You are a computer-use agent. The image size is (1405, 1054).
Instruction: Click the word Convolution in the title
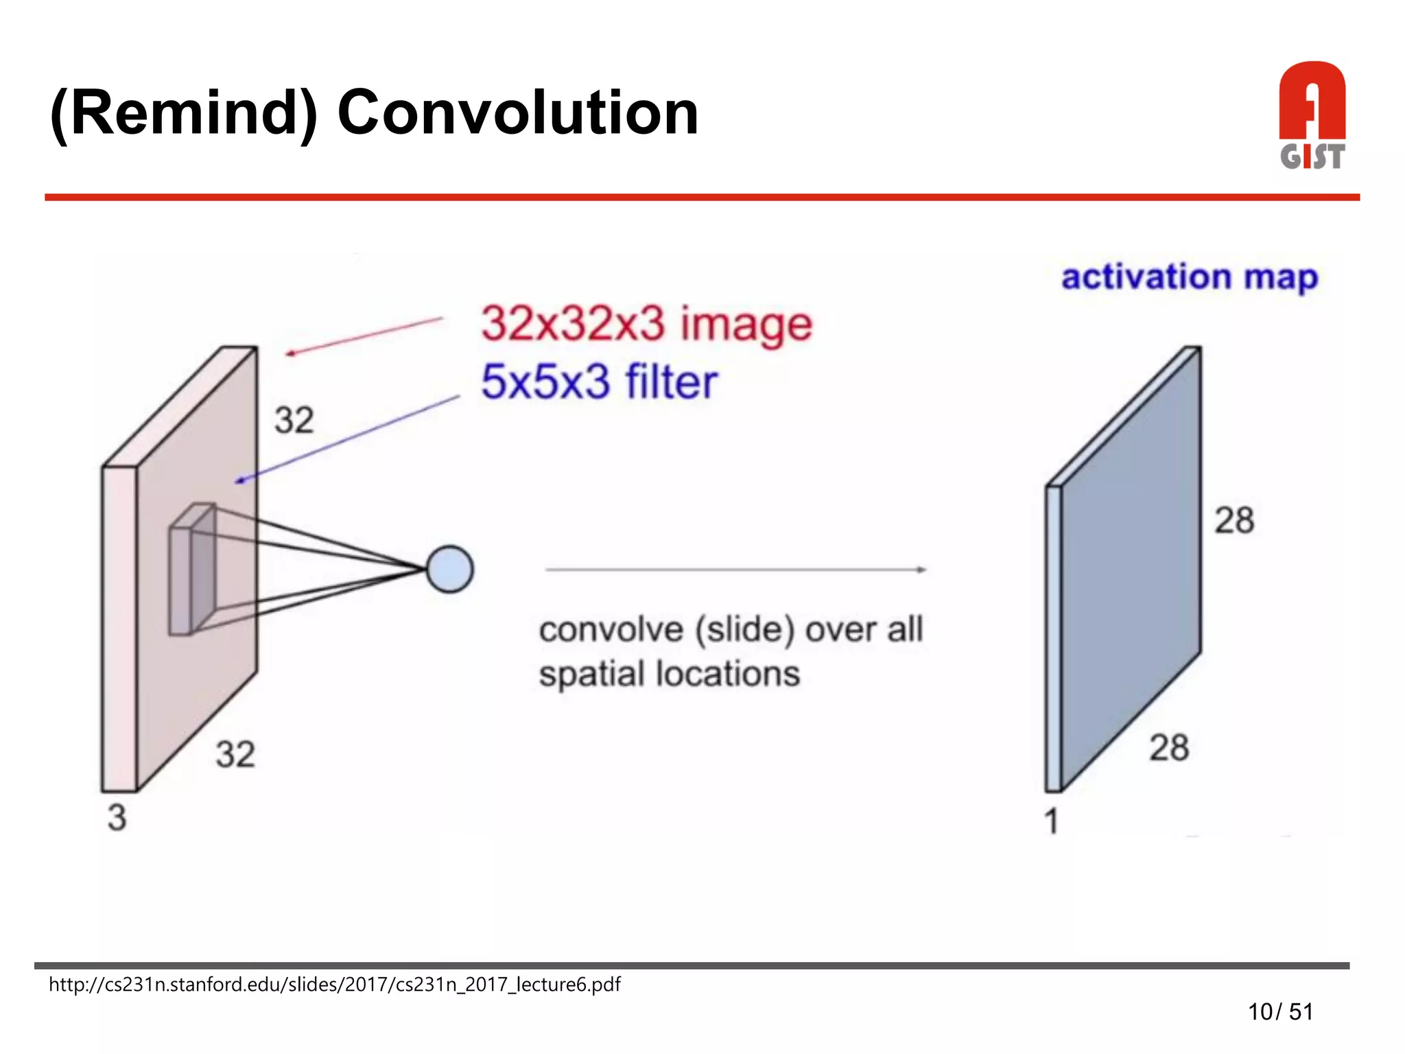pos(518,113)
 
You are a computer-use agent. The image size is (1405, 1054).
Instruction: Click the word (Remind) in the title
pos(184,113)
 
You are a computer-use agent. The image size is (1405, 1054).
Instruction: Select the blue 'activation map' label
pos(1190,277)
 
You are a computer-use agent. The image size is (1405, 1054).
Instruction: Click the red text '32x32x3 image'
pos(646,324)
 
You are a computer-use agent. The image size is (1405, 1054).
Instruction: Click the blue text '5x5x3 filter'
pos(599,382)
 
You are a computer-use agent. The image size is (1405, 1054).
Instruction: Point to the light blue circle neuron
pos(449,569)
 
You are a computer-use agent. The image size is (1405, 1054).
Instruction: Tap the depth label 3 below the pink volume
pos(117,817)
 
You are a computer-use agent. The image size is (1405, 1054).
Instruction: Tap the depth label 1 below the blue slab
pos(1051,821)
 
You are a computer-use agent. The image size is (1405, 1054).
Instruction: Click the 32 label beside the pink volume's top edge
pos(294,420)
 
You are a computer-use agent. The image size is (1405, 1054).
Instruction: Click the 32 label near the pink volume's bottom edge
pos(235,754)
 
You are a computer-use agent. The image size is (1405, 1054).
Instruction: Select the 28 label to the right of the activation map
pos(1234,520)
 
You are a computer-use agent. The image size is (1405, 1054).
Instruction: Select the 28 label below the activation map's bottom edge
pos(1169,747)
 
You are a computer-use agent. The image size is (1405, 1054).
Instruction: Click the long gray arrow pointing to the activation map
pos(734,569)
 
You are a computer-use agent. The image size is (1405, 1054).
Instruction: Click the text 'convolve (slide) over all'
pos(731,629)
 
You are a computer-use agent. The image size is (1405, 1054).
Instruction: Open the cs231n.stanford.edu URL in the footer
pos(334,985)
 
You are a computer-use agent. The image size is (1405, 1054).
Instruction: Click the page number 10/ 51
pos(1280,1011)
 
